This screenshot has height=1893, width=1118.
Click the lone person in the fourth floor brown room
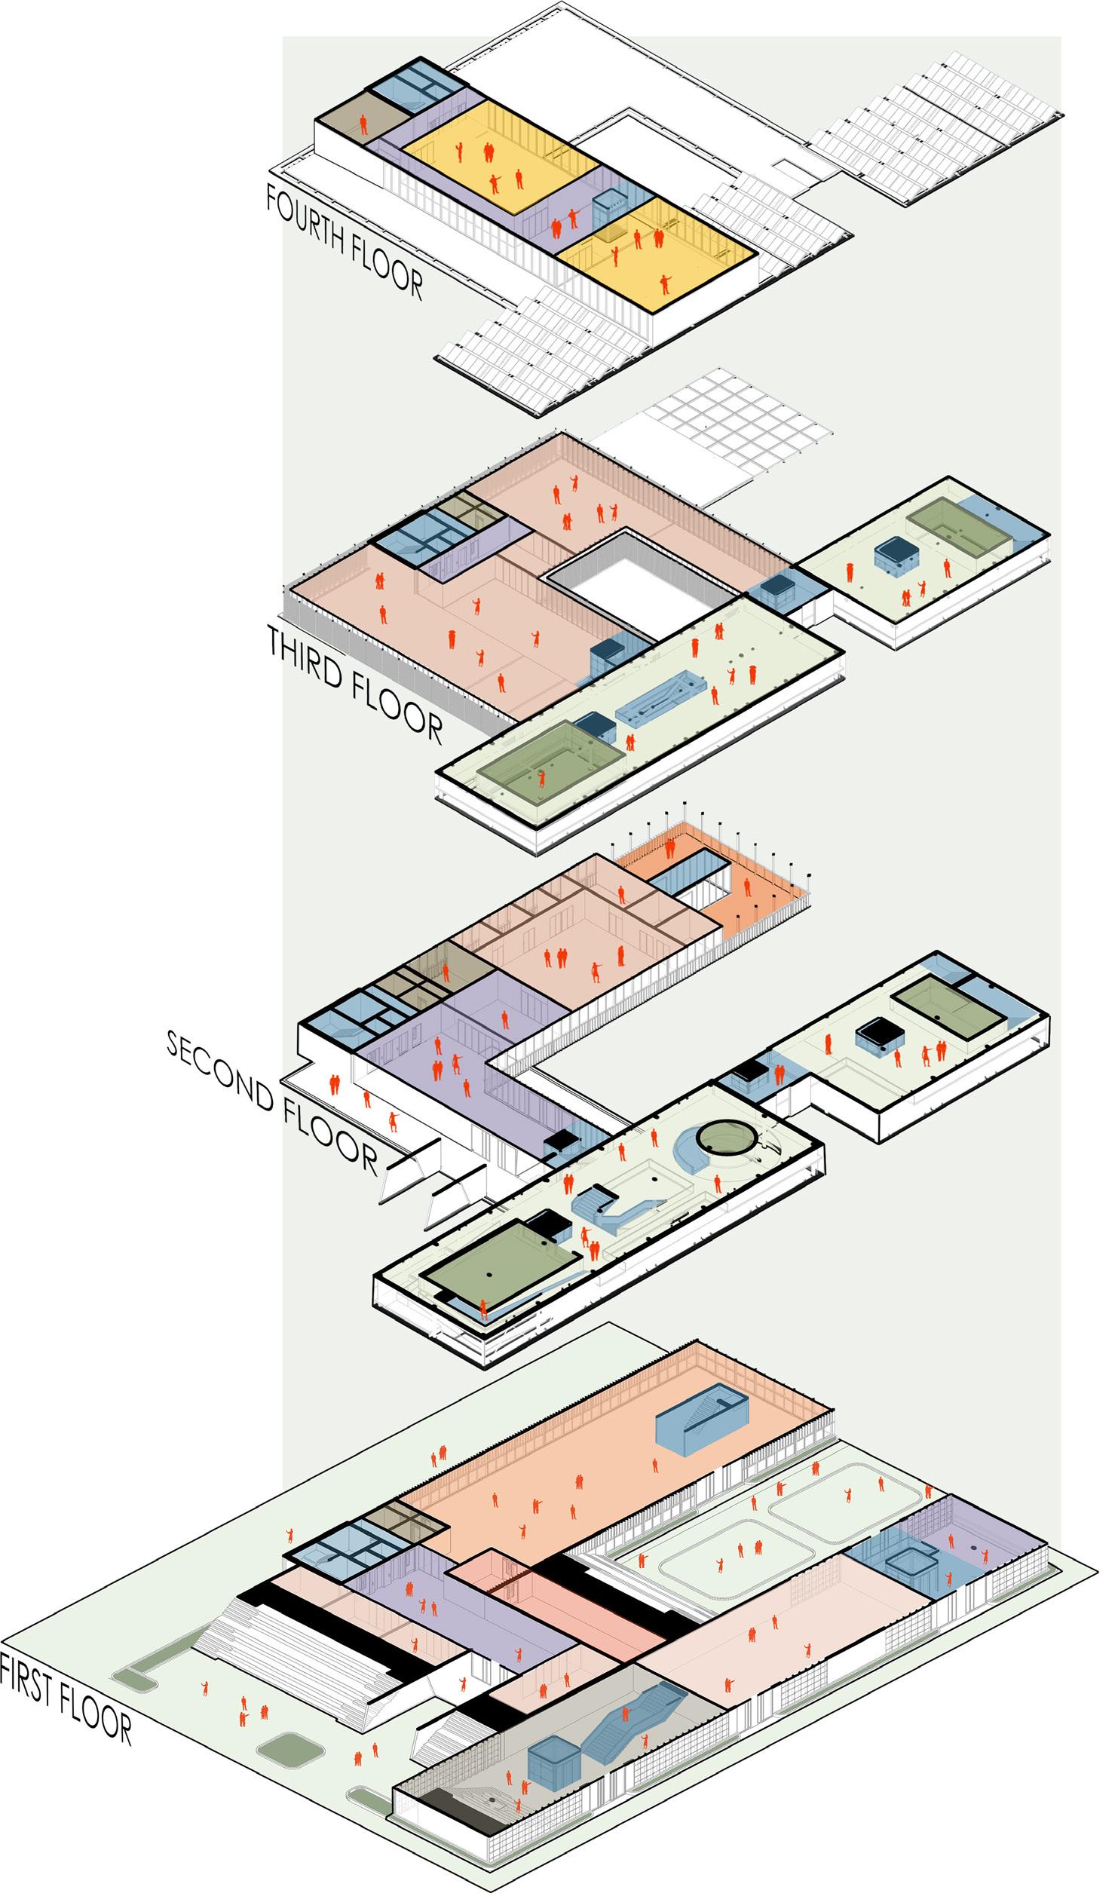click(363, 125)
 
